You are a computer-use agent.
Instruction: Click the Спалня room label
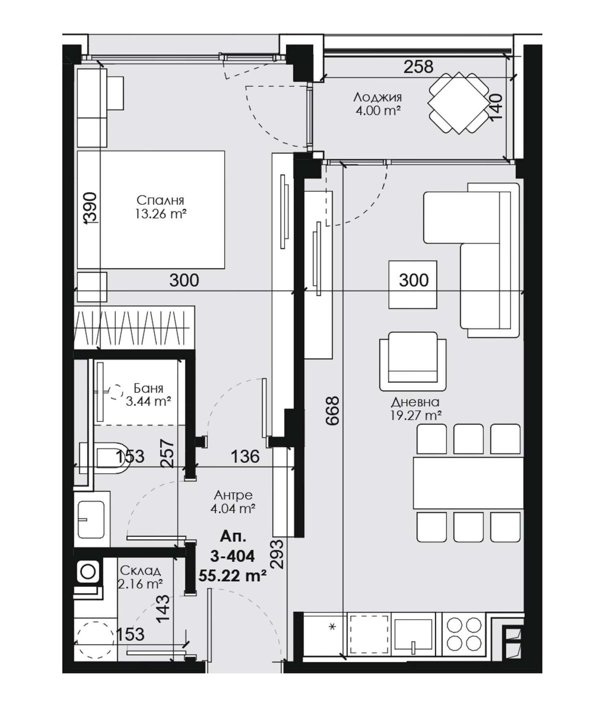click(160, 200)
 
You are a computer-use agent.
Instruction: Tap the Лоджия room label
click(377, 97)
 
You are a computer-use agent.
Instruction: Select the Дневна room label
click(415, 402)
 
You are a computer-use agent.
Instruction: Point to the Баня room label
click(148, 388)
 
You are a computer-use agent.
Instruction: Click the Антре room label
click(233, 495)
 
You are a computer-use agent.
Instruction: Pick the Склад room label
click(141, 571)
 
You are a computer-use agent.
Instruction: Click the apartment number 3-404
click(233, 556)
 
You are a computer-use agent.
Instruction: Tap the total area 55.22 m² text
click(233, 575)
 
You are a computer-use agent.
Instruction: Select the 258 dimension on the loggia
click(418, 67)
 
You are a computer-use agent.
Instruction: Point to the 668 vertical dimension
click(332, 411)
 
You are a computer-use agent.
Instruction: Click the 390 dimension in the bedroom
click(91, 208)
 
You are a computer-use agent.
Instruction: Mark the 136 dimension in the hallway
click(245, 456)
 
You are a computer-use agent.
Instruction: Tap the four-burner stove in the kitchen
click(464, 635)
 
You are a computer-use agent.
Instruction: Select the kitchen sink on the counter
click(413, 635)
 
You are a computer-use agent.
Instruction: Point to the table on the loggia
click(458, 103)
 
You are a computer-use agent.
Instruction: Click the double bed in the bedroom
click(151, 210)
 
